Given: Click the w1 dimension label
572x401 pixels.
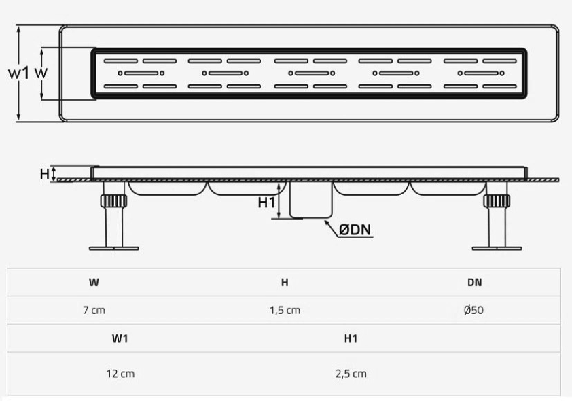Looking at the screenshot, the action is pos(18,73).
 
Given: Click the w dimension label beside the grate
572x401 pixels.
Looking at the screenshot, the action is pos(41,73).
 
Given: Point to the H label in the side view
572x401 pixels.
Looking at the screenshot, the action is pos(45,174).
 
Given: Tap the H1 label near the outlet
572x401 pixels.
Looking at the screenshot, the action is pos(266,203).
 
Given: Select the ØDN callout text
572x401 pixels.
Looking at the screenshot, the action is pos(355,230).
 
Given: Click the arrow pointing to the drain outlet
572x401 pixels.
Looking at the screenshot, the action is pos(331,227).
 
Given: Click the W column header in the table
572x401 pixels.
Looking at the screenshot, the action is pos(94,283).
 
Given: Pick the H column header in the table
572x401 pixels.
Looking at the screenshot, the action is pos(285,283).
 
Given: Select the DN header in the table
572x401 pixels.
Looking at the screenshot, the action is pos(475,283).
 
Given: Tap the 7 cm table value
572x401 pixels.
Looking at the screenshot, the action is pos(94,310).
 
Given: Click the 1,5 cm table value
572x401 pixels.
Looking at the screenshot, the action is pos(285,310).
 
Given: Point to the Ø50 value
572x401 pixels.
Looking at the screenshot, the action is pos(474,310).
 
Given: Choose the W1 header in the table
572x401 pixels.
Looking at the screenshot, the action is pos(120,338).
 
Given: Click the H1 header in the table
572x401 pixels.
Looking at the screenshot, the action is pos(351,338).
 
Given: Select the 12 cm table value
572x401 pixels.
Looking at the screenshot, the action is pos(120,374).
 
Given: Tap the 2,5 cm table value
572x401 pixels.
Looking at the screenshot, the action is pos(351,374).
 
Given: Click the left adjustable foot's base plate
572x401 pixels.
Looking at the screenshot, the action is pos(114,249).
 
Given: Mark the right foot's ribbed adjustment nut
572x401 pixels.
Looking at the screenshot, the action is pos(497,201).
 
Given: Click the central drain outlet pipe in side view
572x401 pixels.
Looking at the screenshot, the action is pos(311,199).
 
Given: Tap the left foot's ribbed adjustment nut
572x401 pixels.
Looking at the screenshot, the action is pos(114,201).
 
